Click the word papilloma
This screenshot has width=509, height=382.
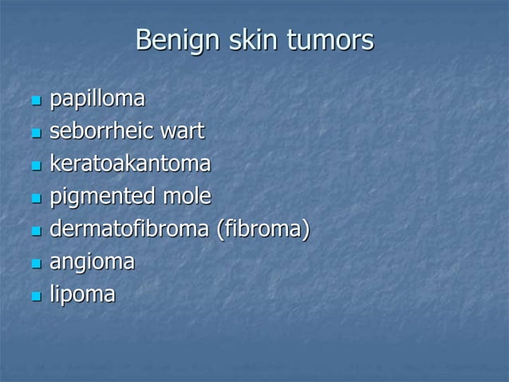pos(97,100)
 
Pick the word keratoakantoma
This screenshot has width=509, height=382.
pos(130,165)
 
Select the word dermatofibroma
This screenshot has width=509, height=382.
pos(130,230)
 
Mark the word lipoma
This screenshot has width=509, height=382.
pos(82,295)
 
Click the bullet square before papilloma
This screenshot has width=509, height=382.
pos(35,102)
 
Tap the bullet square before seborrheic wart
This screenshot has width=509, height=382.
pos(35,134)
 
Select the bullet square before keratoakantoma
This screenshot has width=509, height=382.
pos(35,167)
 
